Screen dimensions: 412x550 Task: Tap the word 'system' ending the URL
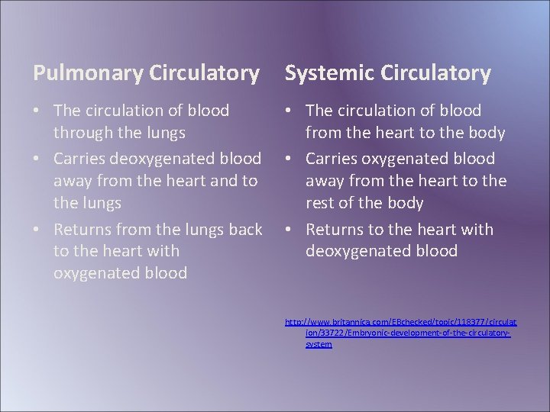[319, 345]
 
